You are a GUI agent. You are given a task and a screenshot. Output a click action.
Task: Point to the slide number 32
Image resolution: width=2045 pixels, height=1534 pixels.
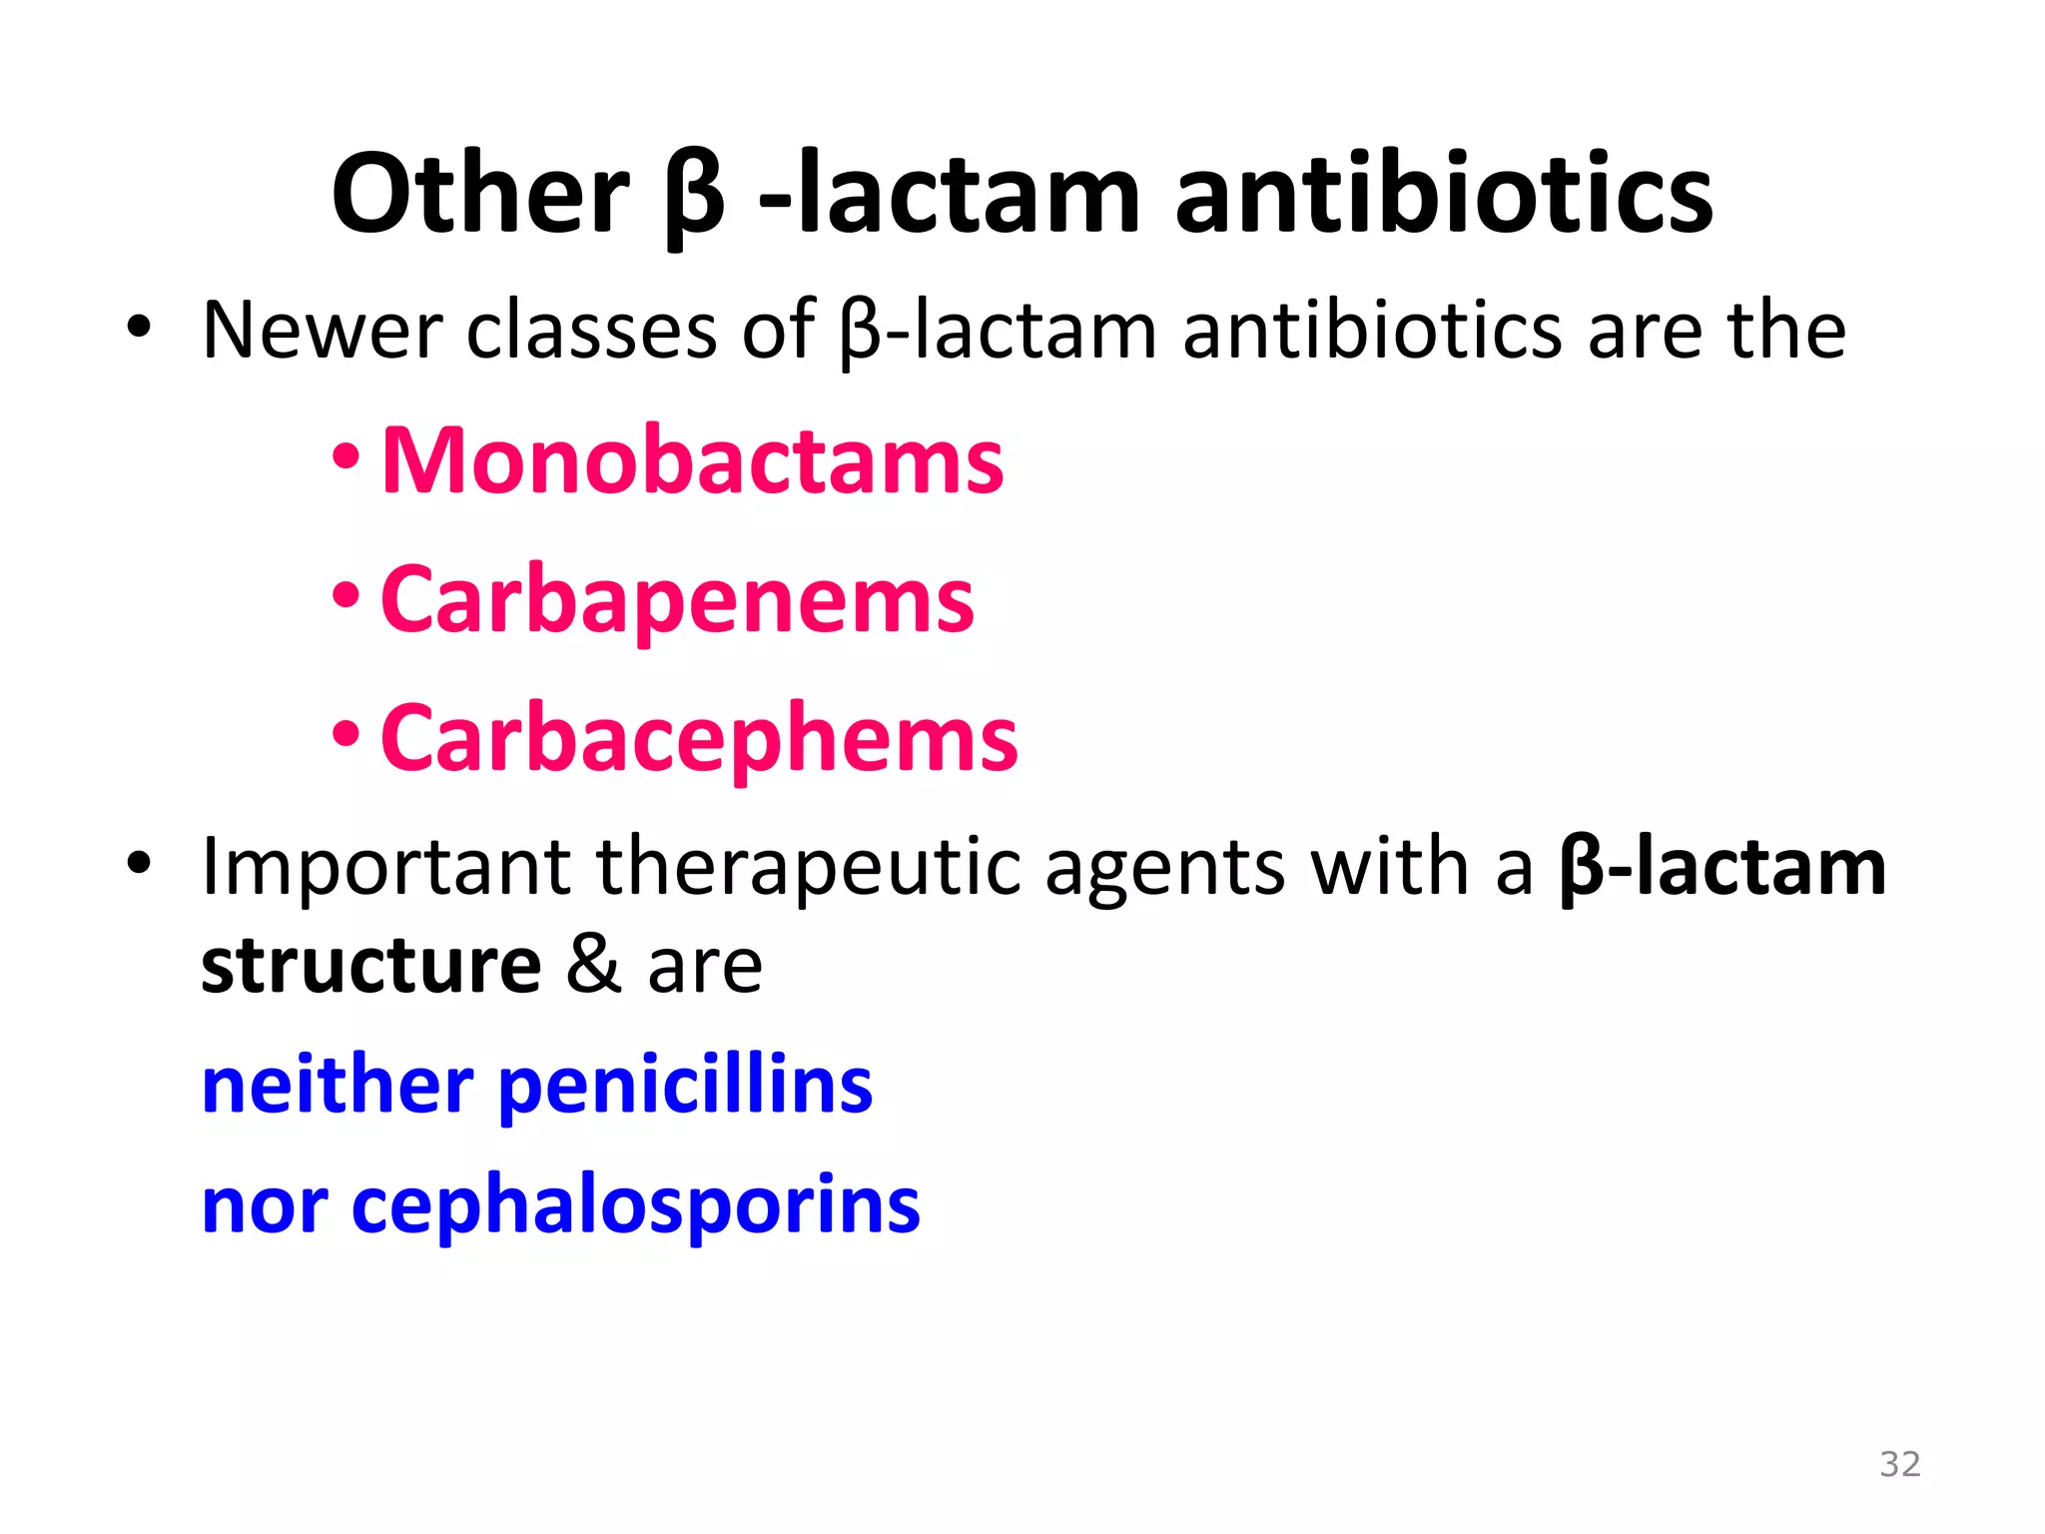point(1899,1464)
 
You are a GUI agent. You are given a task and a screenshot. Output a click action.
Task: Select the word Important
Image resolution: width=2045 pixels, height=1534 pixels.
point(385,867)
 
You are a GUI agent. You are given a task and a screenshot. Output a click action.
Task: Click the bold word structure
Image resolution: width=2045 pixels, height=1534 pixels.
point(371,966)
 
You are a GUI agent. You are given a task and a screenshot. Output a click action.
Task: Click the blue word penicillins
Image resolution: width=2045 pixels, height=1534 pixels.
point(685,1087)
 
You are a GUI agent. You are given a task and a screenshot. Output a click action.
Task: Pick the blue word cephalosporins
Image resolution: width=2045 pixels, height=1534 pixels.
point(635,1206)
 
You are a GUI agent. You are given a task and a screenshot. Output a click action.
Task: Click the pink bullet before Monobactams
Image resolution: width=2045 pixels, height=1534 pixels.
point(345,458)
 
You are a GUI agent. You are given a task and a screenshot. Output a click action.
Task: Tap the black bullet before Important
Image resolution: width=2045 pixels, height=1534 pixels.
point(139,861)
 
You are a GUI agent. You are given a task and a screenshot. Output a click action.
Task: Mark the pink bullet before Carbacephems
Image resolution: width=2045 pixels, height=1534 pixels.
point(345,736)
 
